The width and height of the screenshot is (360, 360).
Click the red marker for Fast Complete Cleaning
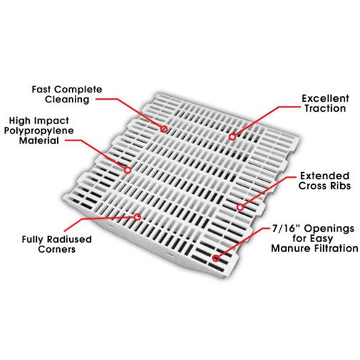pos(164,129)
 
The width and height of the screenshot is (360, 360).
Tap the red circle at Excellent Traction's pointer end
pos(232,136)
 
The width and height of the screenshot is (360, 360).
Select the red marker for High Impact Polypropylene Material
pos(128,170)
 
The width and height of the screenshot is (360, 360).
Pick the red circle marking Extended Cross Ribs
pos(240,207)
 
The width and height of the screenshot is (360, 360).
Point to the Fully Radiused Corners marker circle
pos(138,217)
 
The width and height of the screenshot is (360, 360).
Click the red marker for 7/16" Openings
pos(215,258)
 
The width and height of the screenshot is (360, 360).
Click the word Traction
pos(325,109)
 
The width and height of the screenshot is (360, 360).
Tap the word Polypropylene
pos(39,131)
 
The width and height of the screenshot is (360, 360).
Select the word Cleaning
pos(67,100)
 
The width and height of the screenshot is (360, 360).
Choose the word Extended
pos(325,176)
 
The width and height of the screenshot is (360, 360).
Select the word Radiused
pos(69,239)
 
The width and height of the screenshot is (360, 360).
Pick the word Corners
pos(56,249)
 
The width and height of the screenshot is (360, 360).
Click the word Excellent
pos(325,98)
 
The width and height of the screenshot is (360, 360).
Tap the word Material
pos(39,140)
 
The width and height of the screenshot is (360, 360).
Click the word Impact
pos(52,121)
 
